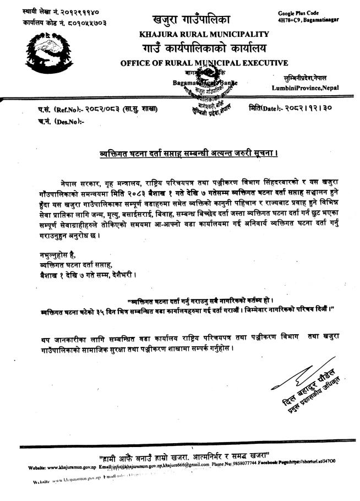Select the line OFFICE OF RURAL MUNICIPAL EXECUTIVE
tap(204, 63)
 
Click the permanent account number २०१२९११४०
tap(85, 12)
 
